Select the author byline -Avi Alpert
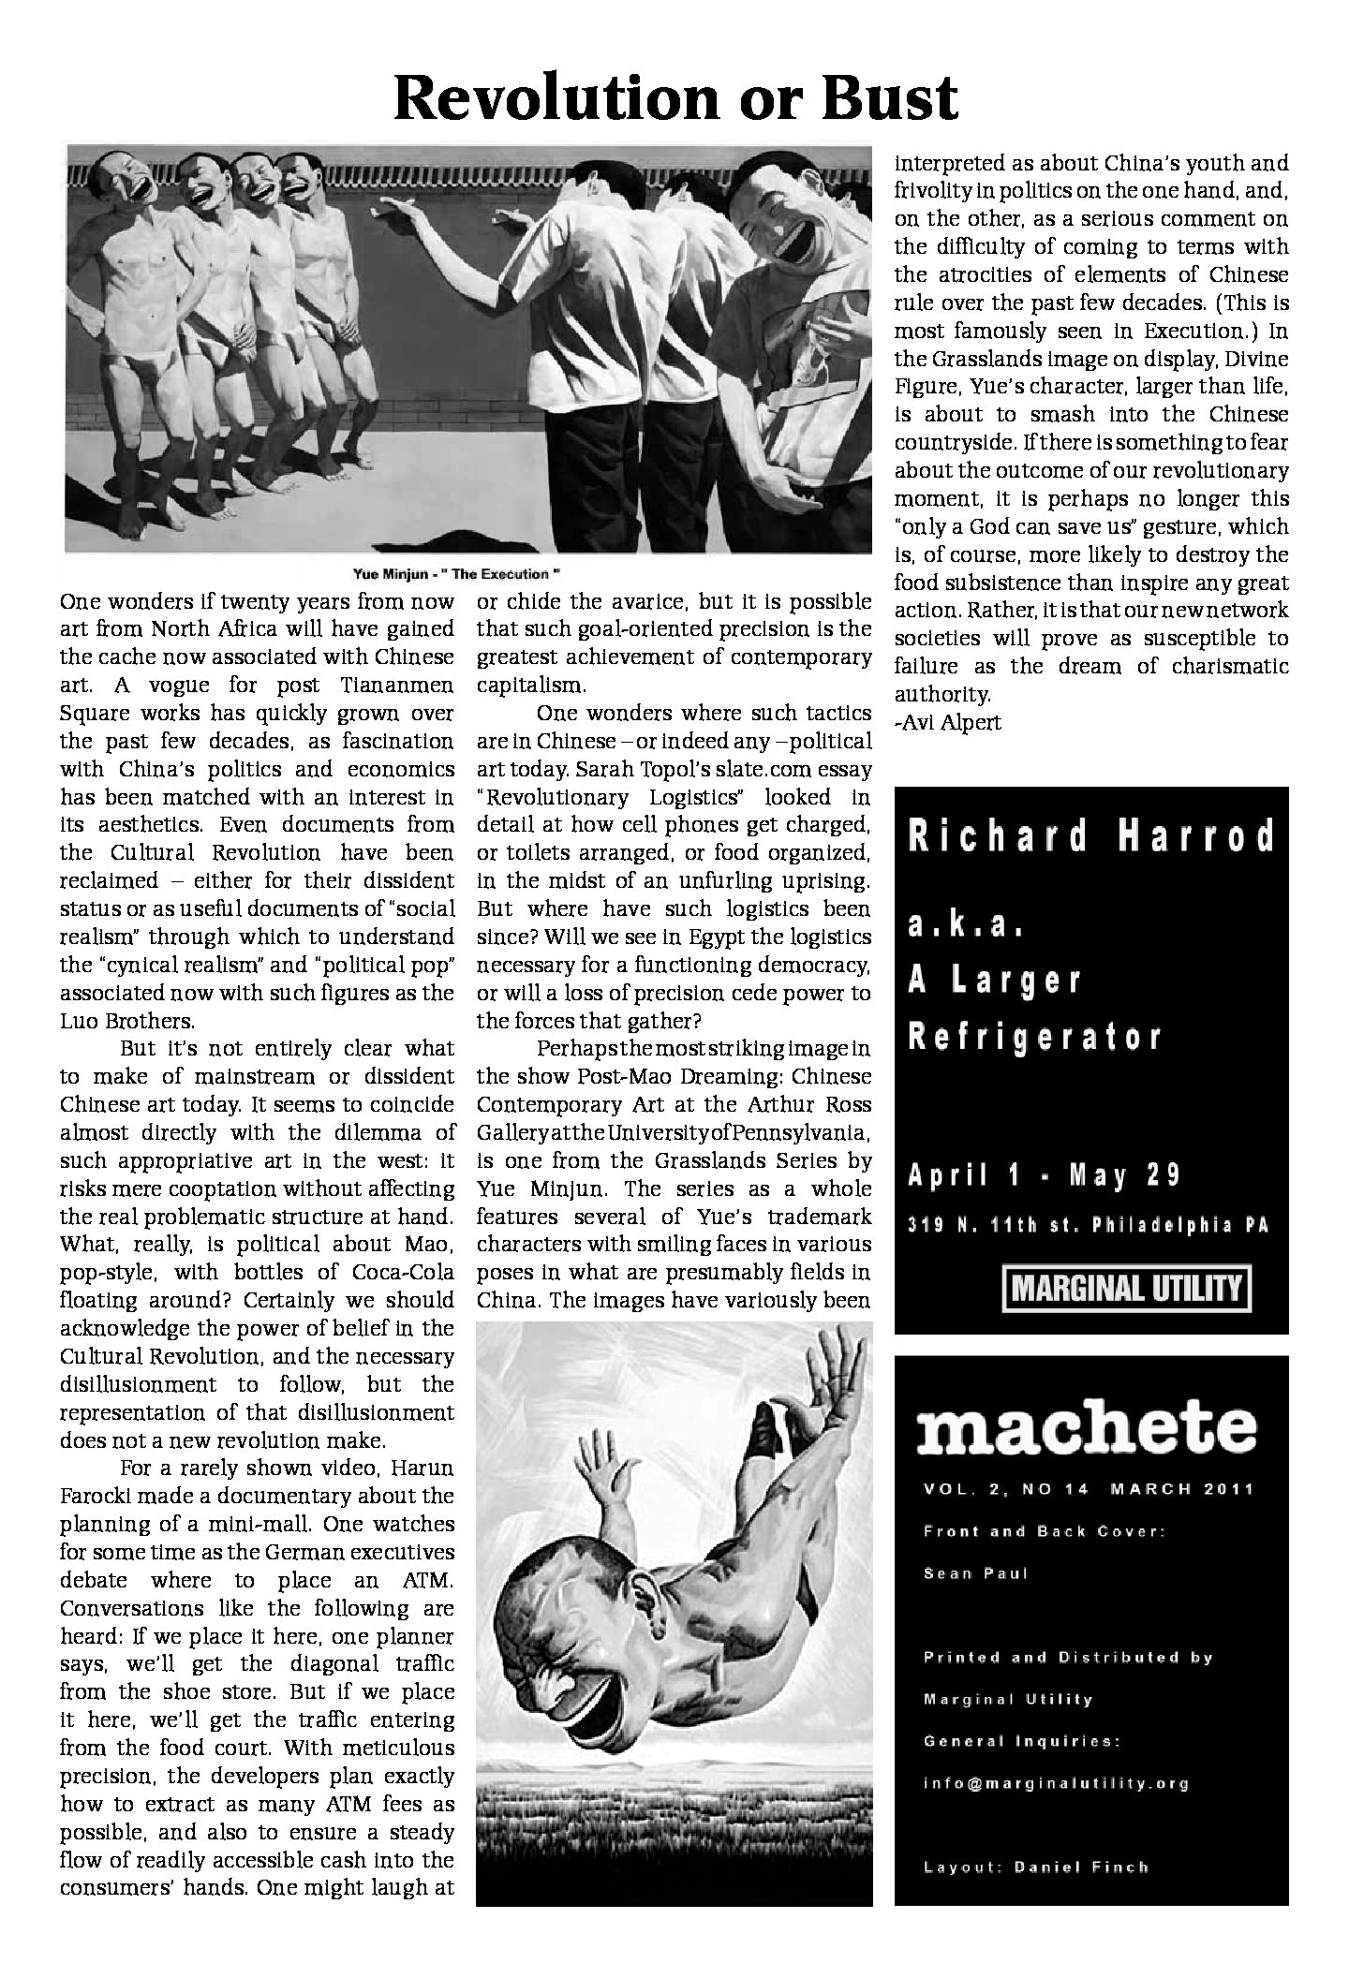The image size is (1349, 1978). pos(947,723)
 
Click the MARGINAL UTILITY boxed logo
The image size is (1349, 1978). pos(1128,1290)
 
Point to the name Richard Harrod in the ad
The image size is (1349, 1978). pos(1091,836)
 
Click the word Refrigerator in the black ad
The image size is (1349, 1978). pos(1035,1037)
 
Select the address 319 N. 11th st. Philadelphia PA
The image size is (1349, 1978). pos(1088,1226)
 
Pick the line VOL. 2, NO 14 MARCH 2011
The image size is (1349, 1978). pos(1088,1489)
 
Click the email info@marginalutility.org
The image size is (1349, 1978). pos(1056,1783)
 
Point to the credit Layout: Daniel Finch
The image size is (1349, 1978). pos(1035,1867)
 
